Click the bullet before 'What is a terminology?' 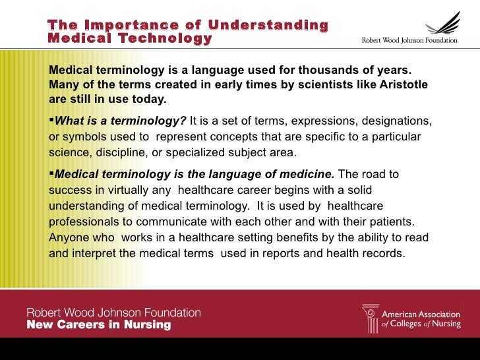tap(51, 122)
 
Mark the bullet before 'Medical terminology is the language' tap(51, 174)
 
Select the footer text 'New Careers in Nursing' tap(98, 324)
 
